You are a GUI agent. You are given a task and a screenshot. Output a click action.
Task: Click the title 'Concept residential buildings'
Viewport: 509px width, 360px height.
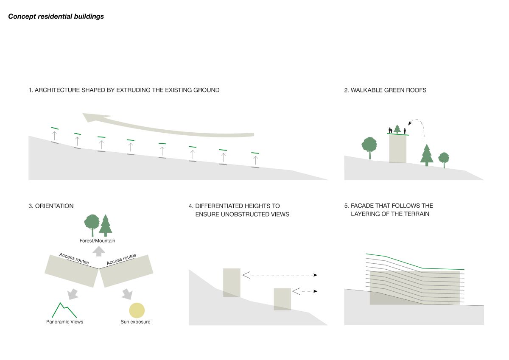[x=56, y=17]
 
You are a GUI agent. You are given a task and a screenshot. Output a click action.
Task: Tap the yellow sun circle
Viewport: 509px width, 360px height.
[x=137, y=310]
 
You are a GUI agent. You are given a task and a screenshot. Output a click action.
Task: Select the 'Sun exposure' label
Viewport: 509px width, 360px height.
[x=135, y=322]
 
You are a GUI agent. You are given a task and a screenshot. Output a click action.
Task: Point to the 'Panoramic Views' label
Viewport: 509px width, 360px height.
[x=65, y=322]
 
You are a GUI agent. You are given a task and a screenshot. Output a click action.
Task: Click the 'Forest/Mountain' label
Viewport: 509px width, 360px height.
[x=98, y=241]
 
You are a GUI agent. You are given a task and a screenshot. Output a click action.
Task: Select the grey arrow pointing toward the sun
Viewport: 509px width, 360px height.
[x=127, y=293]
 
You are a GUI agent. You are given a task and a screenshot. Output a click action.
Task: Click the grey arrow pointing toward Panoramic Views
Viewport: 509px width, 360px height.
[x=72, y=293]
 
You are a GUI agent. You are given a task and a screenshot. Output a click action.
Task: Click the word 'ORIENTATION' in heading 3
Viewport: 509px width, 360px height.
[x=54, y=206]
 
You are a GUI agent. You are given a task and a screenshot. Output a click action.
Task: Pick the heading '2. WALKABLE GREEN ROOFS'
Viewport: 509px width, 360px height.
[x=386, y=90]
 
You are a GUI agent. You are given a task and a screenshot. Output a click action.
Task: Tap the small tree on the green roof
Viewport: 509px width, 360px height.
[x=397, y=129]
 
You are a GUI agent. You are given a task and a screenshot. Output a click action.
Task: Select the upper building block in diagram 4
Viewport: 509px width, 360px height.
[x=232, y=282]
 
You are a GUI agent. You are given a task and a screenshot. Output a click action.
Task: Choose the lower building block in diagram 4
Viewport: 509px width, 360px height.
[x=282, y=299]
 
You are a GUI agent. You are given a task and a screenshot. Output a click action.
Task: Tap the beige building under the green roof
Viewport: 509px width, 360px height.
[x=397, y=148]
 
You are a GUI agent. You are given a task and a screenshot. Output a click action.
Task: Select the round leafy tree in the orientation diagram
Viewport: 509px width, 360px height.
[x=92, y=223]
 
